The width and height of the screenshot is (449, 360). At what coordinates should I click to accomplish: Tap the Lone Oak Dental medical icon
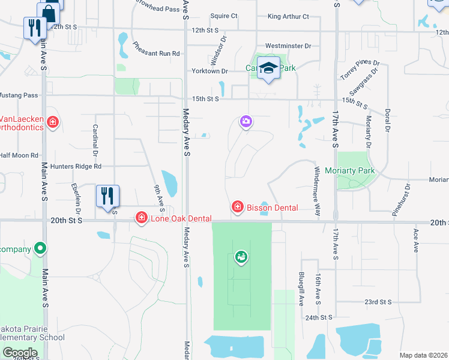pos(142,217)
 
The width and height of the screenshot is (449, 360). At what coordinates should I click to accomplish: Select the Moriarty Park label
pos(350,171)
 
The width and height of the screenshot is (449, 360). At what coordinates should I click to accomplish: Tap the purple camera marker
pos(246,122)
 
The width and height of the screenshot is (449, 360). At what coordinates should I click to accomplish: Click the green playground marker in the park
pos(241,257)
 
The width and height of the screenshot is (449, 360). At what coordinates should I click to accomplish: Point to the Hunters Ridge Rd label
pos(76,166)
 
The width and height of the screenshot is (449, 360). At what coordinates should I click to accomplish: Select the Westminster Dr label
pos(288,46)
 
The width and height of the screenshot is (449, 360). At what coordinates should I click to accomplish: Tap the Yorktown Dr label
pos(209,71)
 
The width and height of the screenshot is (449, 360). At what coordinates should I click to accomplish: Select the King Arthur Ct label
pos(288,17)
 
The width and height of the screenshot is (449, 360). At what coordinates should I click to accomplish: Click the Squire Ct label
pos(224,16)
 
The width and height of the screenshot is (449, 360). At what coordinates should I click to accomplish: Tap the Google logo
pos(20,353)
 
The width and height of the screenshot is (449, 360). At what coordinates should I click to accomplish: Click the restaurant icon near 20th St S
pos(107,195)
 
